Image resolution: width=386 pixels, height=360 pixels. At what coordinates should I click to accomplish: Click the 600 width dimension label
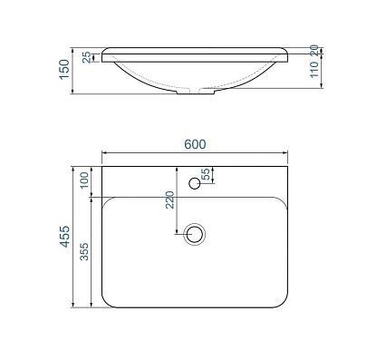coord(195,144)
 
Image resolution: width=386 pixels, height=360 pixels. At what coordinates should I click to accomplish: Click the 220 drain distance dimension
coord(171,201)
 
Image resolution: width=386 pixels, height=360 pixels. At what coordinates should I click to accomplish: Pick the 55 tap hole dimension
coord(206,174)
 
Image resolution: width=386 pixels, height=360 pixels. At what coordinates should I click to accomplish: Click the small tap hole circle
coord(193,184)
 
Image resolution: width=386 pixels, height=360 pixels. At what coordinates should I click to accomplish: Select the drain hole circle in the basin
coord(193,234)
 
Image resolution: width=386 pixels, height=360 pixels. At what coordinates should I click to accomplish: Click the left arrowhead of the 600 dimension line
coord(104,153)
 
